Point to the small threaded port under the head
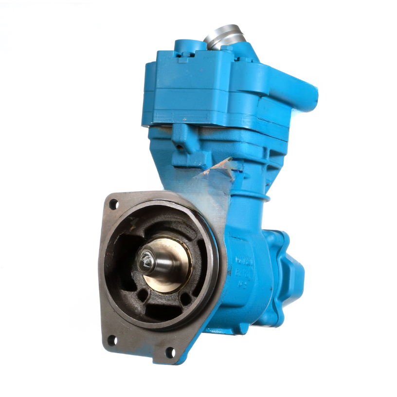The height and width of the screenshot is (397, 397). tap(181, 145)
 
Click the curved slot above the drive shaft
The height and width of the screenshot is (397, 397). tap(161, 229)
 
